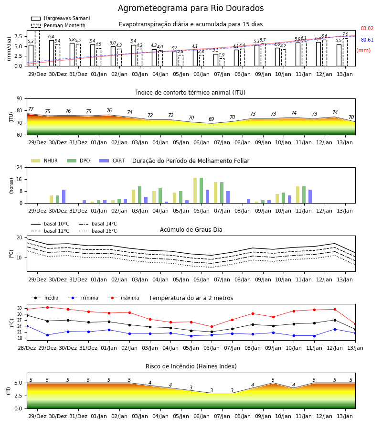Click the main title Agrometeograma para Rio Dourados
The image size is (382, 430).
click(x=191, y=8)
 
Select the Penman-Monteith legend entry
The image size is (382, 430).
click(x=58, y=25)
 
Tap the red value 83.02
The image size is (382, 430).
click(x=367, y=28)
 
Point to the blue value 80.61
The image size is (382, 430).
click(x=367, y=40)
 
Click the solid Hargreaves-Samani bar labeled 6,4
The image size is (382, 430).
click(x=52, y=53)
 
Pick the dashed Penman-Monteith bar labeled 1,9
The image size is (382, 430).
click(x=222, y=62)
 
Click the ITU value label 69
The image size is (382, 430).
click(x=211, y=119)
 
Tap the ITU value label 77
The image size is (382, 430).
click(x=31, y=109)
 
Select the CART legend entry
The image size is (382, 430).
click(x=112, y=161)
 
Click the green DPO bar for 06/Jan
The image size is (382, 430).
click(x=202, y=191)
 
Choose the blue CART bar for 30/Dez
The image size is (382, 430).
click(x=64, y=196)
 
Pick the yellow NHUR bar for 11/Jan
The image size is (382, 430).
click(x=298, y=195)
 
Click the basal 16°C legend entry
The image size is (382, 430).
click(x=98, y=231)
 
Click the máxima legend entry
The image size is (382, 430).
click(x=123, y=298)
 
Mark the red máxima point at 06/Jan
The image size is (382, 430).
click(x=212, y=327)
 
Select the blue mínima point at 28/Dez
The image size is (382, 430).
click(x=27, y=326)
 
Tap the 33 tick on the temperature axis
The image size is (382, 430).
click(x=20, y=308)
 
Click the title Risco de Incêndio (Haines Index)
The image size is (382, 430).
click(x=191, y=366)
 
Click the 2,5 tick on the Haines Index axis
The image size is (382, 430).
click(x=18, y=396)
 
